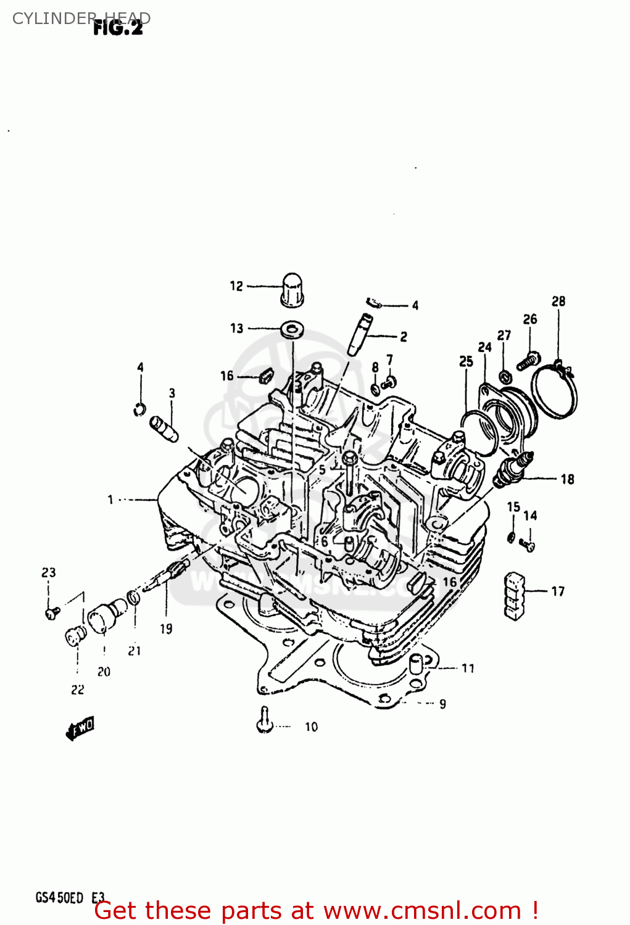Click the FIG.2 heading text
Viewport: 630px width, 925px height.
118,28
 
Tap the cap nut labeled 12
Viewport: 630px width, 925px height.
292,290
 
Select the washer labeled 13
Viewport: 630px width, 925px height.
291,329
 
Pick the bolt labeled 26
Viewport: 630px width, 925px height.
528,360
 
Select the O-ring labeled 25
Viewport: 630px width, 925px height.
479,432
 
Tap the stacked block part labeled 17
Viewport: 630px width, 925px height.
514,596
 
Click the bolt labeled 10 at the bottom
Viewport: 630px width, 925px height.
265,720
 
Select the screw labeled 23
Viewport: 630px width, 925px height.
52,612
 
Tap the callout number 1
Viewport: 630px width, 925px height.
110,499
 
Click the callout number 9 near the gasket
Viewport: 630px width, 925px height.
442,704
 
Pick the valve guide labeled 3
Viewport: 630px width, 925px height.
164,428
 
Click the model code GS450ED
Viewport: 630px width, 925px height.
59,898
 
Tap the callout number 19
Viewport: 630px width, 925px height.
166,628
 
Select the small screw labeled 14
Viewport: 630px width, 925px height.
528,545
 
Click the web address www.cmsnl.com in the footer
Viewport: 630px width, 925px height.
422,911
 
